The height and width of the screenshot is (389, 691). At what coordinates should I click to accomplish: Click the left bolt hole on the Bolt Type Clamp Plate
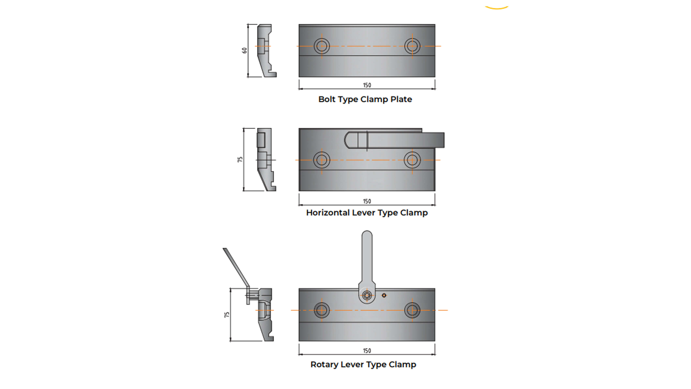tap(322, 46)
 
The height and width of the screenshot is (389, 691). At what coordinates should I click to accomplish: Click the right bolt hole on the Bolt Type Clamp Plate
tap(412, 46)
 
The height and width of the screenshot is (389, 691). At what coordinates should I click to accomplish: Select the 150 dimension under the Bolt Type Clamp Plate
tap(367, 85)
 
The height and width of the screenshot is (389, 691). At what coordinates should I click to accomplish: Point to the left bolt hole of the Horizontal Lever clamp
tap(322, 160)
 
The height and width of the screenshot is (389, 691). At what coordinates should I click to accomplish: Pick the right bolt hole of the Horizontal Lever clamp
tap(412, 160)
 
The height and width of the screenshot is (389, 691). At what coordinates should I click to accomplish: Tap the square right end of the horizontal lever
tap(440, 140)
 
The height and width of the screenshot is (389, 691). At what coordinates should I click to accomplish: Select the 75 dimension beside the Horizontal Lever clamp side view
tap(240, 159)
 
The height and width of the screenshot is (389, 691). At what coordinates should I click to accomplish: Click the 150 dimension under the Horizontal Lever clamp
tap(367, 201)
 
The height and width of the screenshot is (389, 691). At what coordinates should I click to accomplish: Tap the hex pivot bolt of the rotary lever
tap(367, 295)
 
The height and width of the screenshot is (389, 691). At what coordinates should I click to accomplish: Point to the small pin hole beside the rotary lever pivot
tap(384, 295)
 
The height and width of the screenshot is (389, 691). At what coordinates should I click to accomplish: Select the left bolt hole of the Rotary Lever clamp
tap(322, 310)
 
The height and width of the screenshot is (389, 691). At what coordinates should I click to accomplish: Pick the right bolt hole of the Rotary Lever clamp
tap(412, 310)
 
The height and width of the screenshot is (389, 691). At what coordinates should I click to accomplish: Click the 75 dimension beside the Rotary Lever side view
tap(227, 314)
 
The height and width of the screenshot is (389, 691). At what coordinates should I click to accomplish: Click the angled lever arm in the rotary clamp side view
tap(236, 267)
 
